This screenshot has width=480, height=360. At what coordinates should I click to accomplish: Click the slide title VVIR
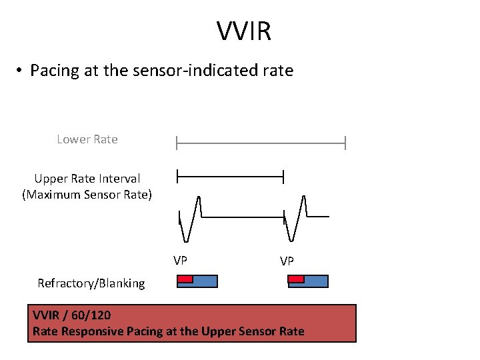coord(243,31)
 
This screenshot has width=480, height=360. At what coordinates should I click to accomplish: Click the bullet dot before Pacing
coord(21,71)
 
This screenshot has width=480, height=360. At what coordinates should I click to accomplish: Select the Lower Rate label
coord(87,139)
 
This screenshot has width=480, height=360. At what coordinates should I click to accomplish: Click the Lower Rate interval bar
coord(261,143)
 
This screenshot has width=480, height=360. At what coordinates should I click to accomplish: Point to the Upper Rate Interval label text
coord(87,179)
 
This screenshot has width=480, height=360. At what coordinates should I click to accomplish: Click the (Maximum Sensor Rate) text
coord(87,195)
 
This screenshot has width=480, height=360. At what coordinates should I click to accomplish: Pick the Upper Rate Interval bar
coord(230,177)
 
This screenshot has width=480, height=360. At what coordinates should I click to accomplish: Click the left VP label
coord(180,260)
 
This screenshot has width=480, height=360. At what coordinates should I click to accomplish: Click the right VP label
coord(287,261)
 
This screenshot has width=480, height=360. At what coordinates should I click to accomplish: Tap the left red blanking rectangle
coord(185,278)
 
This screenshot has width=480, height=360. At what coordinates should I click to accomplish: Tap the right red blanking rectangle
coord(296,278)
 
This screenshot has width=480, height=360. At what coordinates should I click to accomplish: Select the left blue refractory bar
coord(205,281)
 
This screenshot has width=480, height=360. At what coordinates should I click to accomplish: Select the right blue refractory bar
coord(316,281)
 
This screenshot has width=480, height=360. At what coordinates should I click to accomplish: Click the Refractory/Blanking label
coord(91,283)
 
